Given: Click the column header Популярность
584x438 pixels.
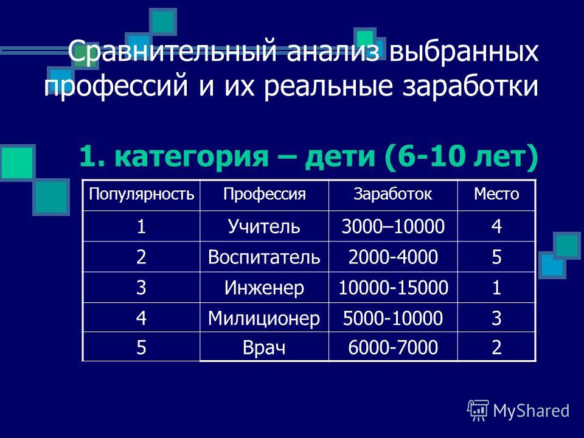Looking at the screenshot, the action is (141, 195).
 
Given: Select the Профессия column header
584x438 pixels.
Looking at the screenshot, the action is (265, 195).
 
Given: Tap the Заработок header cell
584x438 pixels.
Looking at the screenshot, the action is (393, 194).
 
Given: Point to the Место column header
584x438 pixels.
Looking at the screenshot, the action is (496, 193).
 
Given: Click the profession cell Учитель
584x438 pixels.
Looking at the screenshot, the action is (264, 226).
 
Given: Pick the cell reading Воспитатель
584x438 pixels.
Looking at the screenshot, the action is (264, 257).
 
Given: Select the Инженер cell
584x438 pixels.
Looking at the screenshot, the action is (264, 288).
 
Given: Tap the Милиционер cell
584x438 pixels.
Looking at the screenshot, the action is (264, 318).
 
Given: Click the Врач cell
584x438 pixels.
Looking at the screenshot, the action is (264, 347).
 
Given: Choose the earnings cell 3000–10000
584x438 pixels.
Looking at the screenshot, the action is (393, 226).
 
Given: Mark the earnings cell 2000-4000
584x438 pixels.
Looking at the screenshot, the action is (393, 257).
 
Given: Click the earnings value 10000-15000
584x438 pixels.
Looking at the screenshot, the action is (393, 288).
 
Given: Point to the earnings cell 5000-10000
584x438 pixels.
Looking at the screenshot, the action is (393, 318).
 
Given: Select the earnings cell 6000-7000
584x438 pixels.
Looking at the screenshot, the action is (393, 347).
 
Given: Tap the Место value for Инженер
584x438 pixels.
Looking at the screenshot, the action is (496, 288).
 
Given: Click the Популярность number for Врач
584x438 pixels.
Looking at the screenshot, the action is (141, 347).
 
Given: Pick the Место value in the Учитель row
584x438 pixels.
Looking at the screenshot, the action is (496, 226).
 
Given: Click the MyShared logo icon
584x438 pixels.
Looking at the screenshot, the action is (478, 411).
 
